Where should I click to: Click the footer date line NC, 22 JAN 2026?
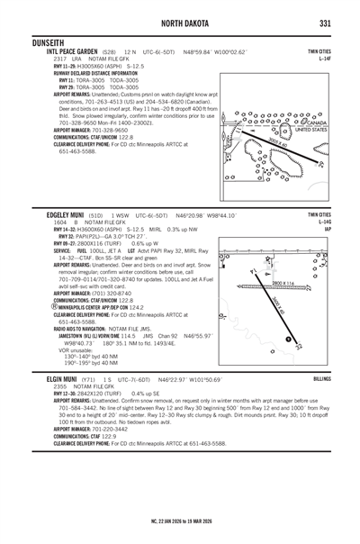click(180, 521)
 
